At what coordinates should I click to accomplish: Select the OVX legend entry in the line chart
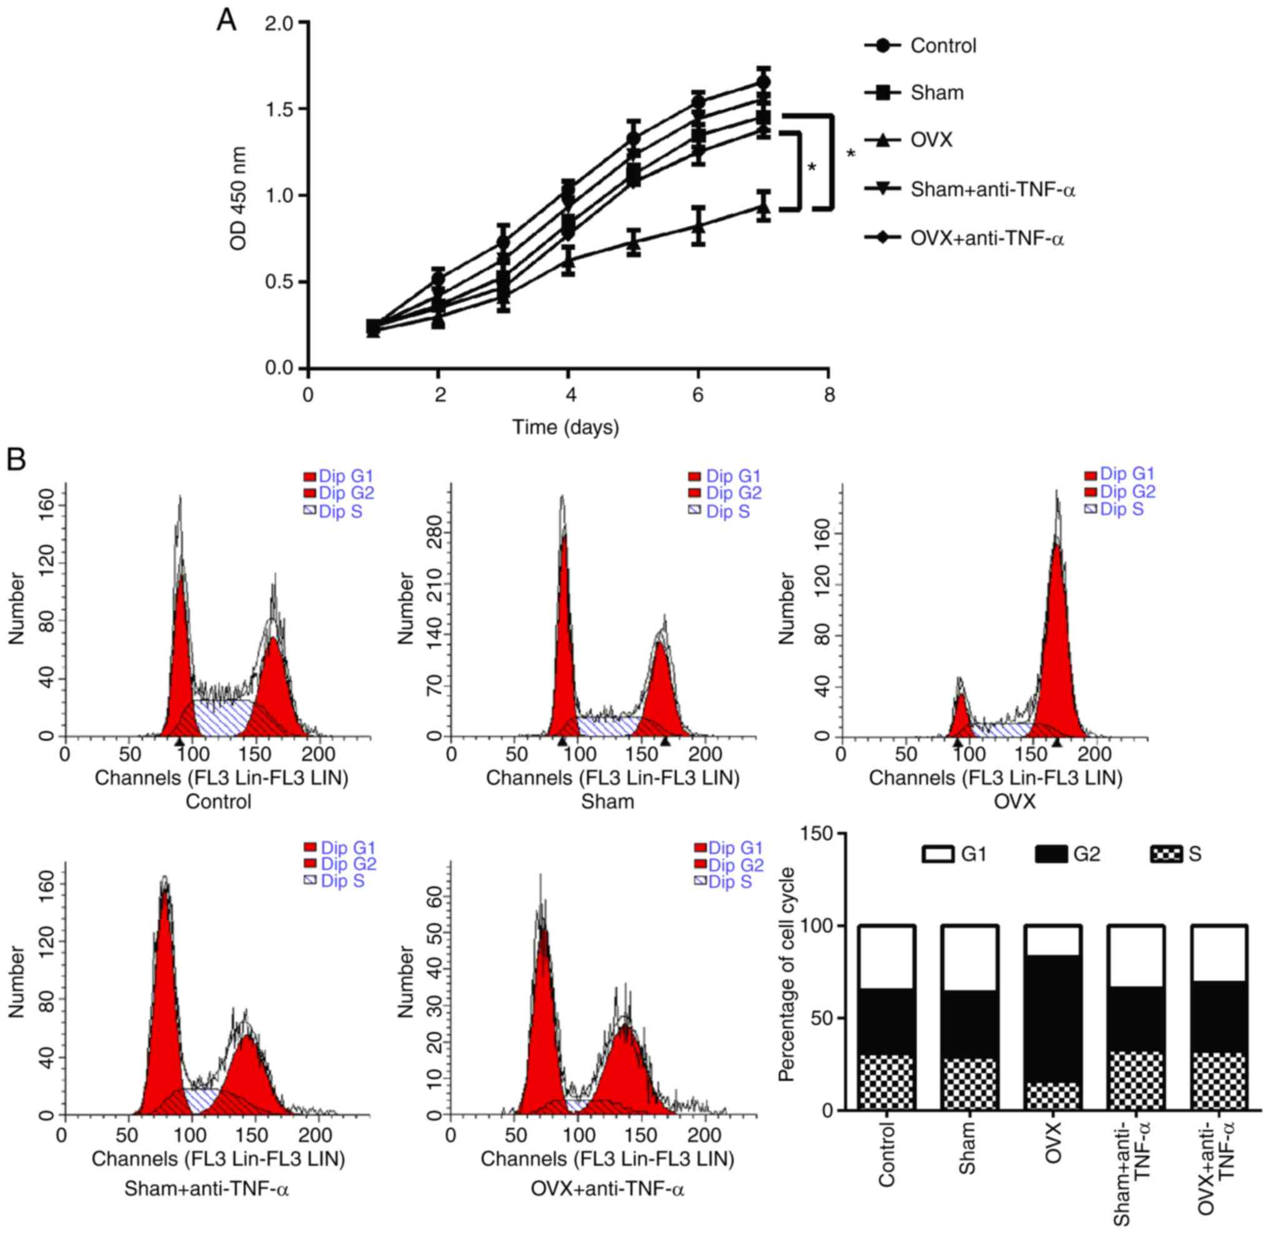pyautogui.click(x=931, y=140)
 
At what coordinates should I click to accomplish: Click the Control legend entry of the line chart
pyautogui.click(x=942, y=46)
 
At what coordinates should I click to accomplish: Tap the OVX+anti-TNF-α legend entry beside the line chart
pyautogui.click(x=986, y=239)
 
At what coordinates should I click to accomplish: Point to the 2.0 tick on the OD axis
pyautogui.click(x=279, y=23)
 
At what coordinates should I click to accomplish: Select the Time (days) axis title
pyautogui.click(x=566, y=427)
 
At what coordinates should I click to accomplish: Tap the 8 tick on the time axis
pyautogui.click(x=829, y=394)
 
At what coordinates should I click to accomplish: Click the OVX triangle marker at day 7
pyautogui.click(x=764, y=208)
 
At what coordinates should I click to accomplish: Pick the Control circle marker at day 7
pyautogui.click(x=764, y=83)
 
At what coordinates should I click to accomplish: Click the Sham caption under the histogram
pyautogui.click(x=607, y=801)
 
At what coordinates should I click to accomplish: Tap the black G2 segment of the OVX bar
pyautogui.click(x=1053, y=1018)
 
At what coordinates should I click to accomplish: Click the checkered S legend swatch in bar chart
pyautogui.click(x=1166, y=854)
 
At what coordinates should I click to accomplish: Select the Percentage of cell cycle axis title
pyautogui.click(x=786, y=972)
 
